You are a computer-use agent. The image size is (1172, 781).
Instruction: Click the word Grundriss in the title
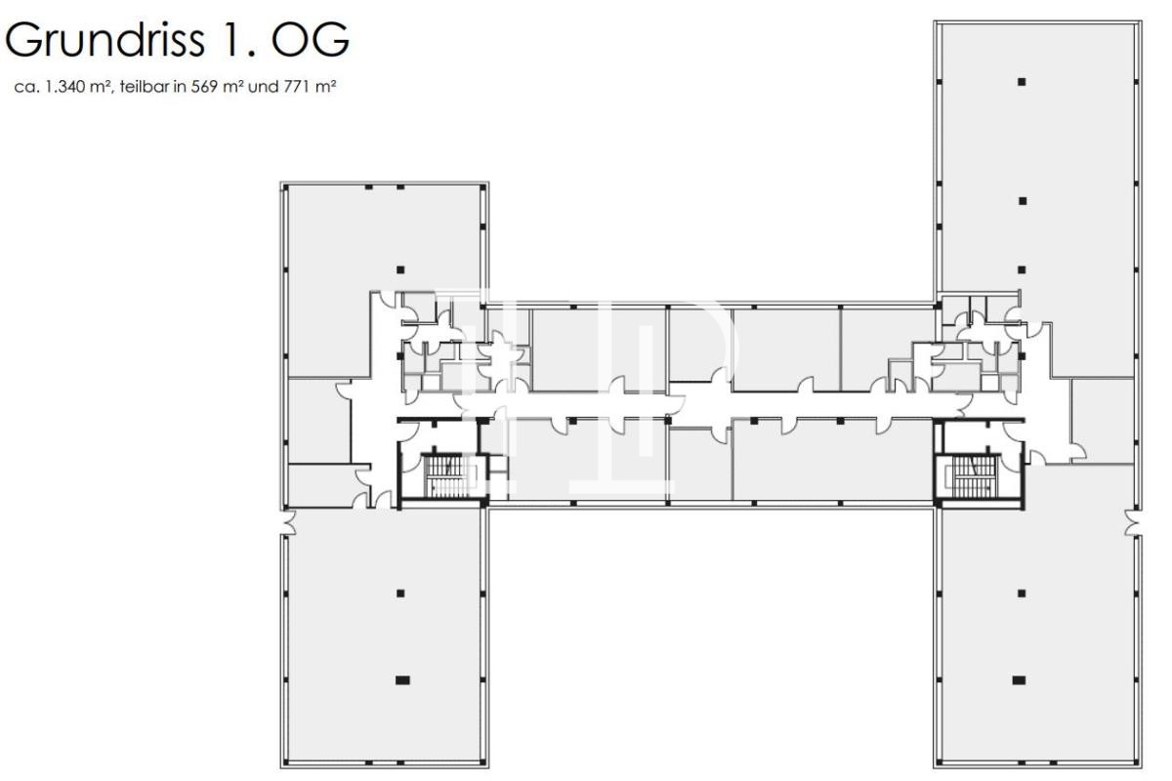tap(105, 41)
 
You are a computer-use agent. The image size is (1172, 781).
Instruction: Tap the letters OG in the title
tap(311, 40)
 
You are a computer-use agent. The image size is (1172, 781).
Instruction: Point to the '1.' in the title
tap(235, 40)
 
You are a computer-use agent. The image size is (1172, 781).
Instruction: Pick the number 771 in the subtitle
tap(297, 86)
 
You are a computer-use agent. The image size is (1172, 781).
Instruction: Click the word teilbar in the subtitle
tap(145, 86)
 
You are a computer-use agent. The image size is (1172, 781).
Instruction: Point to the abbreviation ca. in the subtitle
tap(25, 87)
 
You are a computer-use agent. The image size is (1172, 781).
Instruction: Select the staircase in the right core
tap(974, 476)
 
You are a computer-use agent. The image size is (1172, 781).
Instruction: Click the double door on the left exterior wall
tap(288, 522)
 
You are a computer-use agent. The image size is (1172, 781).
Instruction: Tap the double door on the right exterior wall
tap(1133, 522)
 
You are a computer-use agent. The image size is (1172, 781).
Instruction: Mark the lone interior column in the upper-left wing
tap(400, 269)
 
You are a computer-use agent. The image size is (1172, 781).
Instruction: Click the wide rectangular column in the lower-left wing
tap(402, 680)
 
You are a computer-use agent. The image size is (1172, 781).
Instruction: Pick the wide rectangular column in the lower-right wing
tap(1019, 680)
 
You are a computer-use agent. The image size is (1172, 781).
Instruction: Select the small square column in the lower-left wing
tap(400, 594)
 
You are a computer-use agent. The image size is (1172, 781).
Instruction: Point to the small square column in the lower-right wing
tap(1022, 594)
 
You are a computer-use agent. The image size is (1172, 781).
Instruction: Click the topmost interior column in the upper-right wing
tap(1022, 82)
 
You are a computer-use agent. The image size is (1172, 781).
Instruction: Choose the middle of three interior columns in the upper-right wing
tap(1023, 201)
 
